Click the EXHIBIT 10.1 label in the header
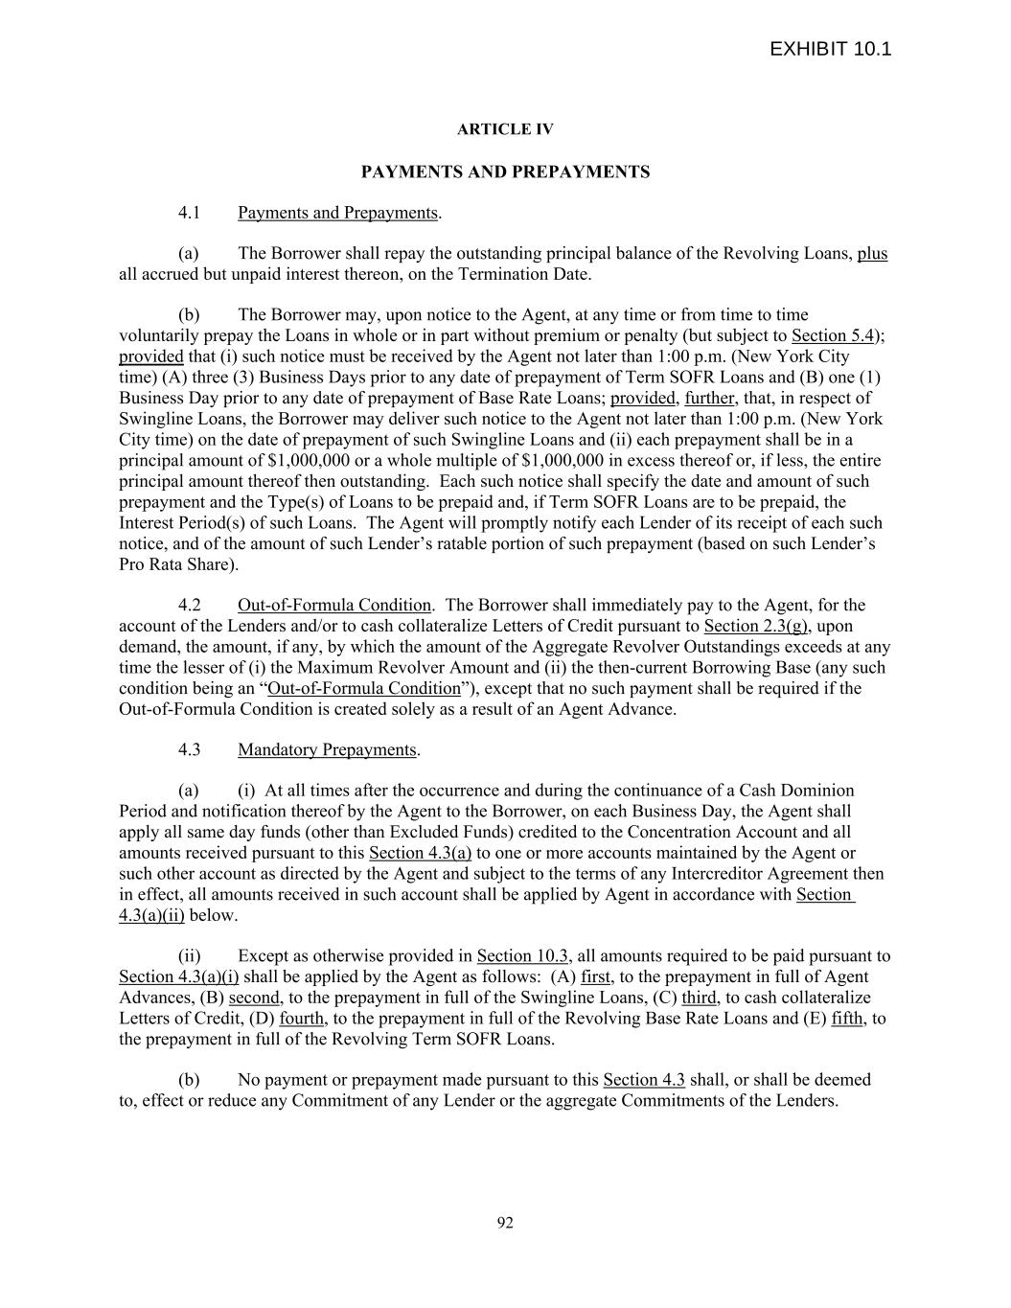coord(830,49)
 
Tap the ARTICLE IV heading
coord(505,129)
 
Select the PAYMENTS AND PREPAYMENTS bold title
coord(505,172)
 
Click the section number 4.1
coord(189,213)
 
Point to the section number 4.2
coord(189,606)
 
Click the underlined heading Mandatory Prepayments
coord(327,750)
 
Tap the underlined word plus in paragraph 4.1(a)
coord(872,254)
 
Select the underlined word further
coord(709,399)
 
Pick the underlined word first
coord(595,977)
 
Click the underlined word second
coord(254,998)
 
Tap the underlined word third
coord(699,998)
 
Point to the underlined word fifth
coord(847,1019)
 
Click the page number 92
coord(505,1223)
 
